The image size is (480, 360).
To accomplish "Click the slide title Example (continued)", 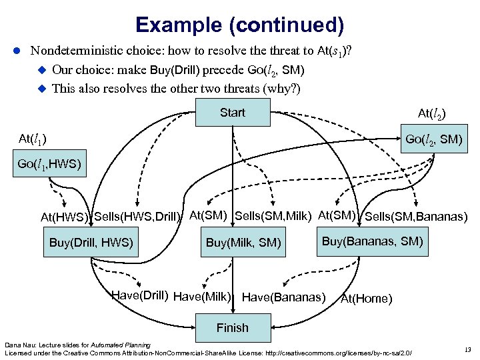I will [239, 25].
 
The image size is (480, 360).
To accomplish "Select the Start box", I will [233, 113].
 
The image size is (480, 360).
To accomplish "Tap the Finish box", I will [232, 327].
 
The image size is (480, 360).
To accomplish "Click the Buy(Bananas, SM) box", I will [373, 241].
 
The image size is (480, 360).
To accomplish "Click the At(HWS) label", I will [65, 217].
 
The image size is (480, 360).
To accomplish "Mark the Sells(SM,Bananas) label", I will [416, 216].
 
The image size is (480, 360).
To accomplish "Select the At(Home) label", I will [366, 299].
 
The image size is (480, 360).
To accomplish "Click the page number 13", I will [466, 348].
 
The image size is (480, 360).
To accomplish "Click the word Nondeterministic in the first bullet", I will [73, 50].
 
